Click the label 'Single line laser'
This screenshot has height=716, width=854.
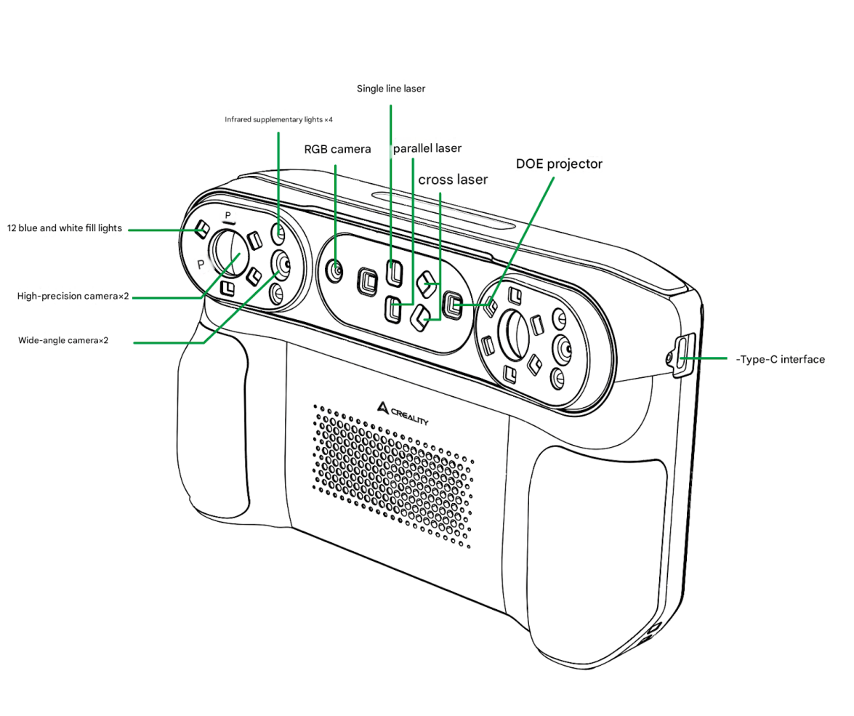pos(391,89)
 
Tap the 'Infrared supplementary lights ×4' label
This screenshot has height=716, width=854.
pos(278,119)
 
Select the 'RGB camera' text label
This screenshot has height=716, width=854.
pos(337,150)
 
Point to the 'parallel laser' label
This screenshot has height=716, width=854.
pos(427,148)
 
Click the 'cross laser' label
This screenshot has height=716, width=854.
pos(453,180)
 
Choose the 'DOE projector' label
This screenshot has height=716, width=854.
pos(559,164)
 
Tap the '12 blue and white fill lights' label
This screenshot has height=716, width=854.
pos(65,229)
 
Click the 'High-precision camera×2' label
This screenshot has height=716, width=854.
pos(73,297)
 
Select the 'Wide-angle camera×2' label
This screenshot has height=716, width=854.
pos(63,340)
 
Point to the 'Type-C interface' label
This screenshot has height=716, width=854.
pos(782,359)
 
